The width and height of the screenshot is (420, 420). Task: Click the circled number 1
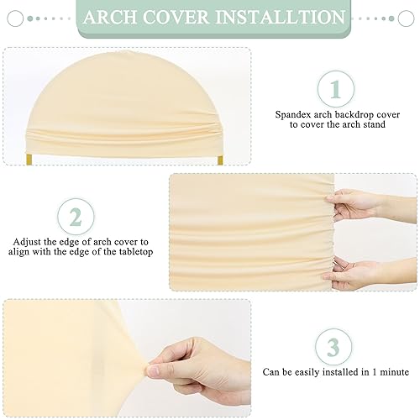(335, 88)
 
